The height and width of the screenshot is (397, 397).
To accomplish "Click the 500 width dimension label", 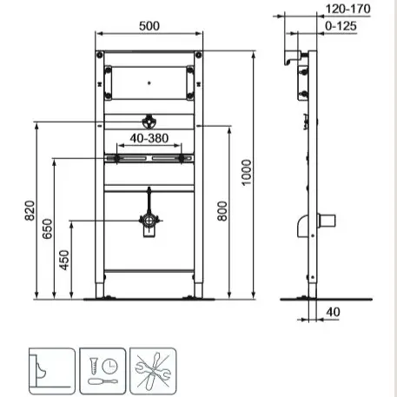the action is coord(149,26).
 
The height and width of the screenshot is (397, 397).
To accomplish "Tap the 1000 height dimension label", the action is coord(247,173).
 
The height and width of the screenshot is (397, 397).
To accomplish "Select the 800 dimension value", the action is coord(222,211).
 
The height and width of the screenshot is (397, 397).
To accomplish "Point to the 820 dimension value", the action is coord(30,211).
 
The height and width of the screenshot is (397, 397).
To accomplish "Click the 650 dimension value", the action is coord(47,228).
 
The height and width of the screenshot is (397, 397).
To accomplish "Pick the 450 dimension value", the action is coord(64,260).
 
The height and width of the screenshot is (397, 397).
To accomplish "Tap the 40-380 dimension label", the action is coord(149,138).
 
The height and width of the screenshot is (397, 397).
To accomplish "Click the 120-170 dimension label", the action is coord(348,9).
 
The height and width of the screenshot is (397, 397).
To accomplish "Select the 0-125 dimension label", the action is coord(341,26).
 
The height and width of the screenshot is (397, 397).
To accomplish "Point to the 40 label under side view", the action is coord(333,312).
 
